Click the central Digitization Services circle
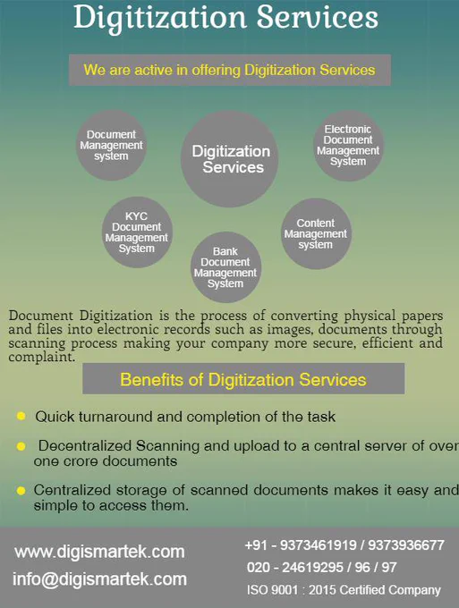[229, 159]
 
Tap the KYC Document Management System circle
[137, 232]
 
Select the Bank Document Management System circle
[225, 267]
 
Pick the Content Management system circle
[316, 234]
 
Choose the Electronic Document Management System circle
[348, 146]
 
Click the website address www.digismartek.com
[99, 552]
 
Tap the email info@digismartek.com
[99, 579]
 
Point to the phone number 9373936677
[406, 545]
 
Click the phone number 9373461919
[319, 545]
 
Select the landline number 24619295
[312, 567]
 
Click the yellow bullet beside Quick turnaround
[21, 416]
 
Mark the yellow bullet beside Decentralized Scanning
[21, 446]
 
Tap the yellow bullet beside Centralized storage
[21, 491]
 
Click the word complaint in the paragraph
[41, 357]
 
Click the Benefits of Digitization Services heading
[243, 379]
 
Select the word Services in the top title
[318, 18]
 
